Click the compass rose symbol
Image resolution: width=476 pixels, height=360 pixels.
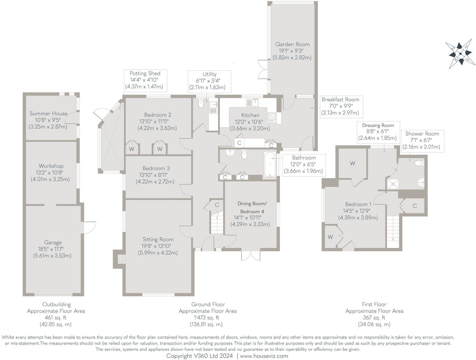tap(460, 54)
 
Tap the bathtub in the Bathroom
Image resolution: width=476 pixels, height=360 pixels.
tap(270, 164)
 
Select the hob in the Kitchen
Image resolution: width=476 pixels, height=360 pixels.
tap(272, 117)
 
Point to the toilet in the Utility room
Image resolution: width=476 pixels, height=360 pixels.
tap(201, 104)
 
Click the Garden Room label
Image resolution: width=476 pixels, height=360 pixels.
tap(292, 44)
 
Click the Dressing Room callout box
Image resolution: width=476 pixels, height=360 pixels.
tap(378, 132)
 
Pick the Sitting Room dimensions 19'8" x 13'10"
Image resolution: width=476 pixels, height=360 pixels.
tap(158, 246)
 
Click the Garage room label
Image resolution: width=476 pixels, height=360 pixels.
tap(53, 242)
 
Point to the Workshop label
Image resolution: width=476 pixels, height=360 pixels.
tap(51, 166)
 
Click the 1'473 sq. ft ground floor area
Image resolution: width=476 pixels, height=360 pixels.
tap(207, 318)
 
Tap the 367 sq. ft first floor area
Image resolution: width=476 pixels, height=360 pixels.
tap(374, 318)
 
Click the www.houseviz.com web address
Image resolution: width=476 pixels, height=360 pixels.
tap(264, 356)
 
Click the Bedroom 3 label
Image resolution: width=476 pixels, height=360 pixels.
tap(156, 168)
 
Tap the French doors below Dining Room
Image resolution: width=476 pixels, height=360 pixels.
tap(251, 256)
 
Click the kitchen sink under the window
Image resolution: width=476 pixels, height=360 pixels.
tap(253, 102)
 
